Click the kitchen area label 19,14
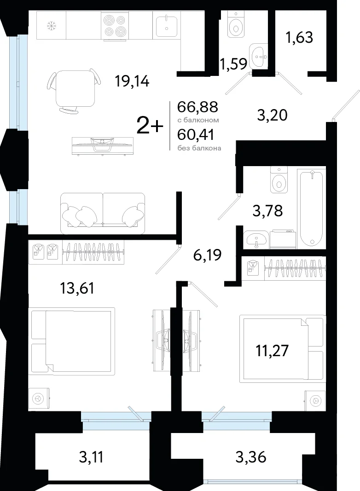[x=132, y=81]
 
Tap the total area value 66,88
[x=197, y=107]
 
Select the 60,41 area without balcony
[x=196, y=135]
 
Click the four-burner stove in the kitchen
[x=115, y=26]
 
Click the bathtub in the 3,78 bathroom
[x=312, y=208]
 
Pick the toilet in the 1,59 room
[x=235, y=24]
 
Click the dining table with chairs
[x=75, y=91]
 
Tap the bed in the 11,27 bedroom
[x=282, y=348]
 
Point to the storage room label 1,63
[x=299, y=38]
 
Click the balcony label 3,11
[x=91, y=457]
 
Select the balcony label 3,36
[x=251, y=457]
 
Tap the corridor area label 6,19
[x=208, y=255]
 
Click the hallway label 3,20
[x=272, y=115]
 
